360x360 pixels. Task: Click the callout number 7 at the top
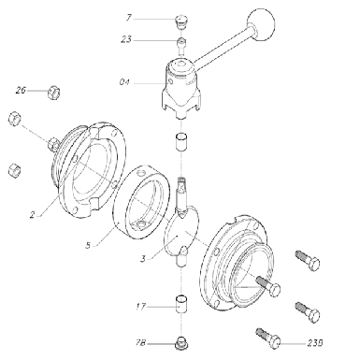(129, 18)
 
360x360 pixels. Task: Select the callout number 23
(126, 40)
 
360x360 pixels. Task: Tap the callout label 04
(124, 82)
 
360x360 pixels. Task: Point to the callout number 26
(21, 91)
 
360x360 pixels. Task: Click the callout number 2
(33, 214)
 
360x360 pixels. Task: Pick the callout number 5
(88, 245)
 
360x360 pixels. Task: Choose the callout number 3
(143, 259)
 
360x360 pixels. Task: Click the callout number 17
(140, 307)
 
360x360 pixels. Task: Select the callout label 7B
(140, 343)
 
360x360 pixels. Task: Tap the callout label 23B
(315, 343)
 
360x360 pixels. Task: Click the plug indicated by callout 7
(180, 22)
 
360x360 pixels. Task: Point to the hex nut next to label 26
(53, 92)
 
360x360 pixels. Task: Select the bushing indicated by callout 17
(181, 304)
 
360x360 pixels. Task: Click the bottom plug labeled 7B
(181, 342)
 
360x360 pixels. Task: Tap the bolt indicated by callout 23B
(268, 337)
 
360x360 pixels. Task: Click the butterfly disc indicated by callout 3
(182, 232)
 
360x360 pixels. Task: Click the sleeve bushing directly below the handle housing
(181, 142)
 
